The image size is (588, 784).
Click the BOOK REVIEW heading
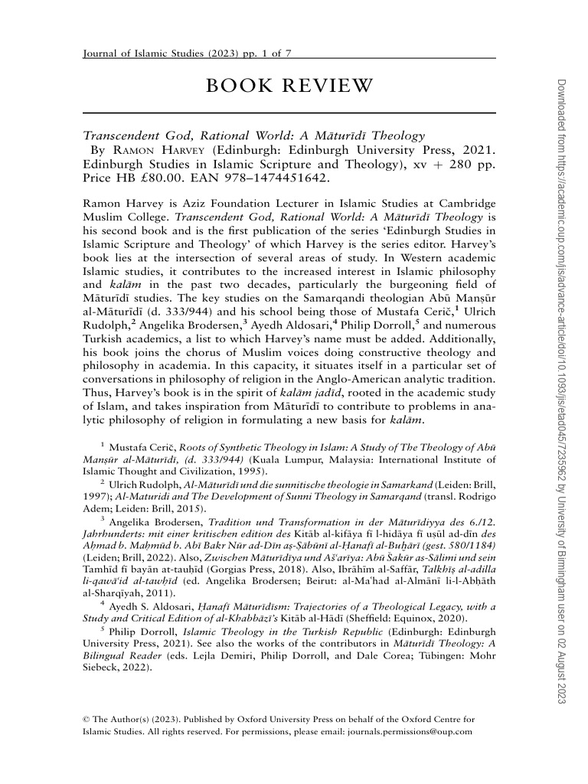click(289, 85)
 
